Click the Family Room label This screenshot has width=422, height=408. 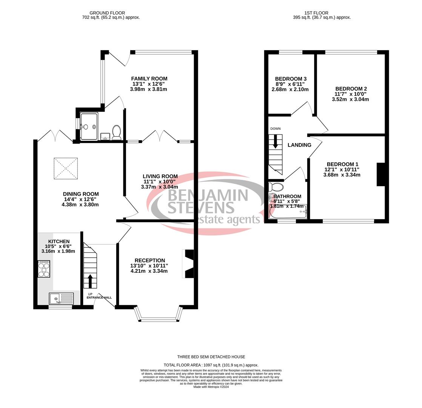[x=149, y=79]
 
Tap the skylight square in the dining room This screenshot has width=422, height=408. [x=66, y=168]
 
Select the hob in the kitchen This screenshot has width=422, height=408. [x=44, y=269]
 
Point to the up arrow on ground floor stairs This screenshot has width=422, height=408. [x=90, y=281]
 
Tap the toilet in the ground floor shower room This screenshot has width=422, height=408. [x=116, y=132]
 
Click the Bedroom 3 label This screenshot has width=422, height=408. [x=290, y=79]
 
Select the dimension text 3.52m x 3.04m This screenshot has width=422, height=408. [x=350, y=99]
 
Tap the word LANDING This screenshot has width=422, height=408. [x=299, y=145]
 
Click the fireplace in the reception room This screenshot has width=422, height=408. [x=189, y=264]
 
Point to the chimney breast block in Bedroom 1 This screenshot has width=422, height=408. [x=380, y=174]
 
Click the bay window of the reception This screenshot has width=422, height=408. [x=159, y=319]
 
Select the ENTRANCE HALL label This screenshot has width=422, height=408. [x=99, y=298]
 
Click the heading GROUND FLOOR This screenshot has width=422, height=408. [x=107, y=13]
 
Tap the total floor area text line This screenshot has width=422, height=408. [x=211, y=365]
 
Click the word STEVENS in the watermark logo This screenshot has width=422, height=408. [x=201, y=207]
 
